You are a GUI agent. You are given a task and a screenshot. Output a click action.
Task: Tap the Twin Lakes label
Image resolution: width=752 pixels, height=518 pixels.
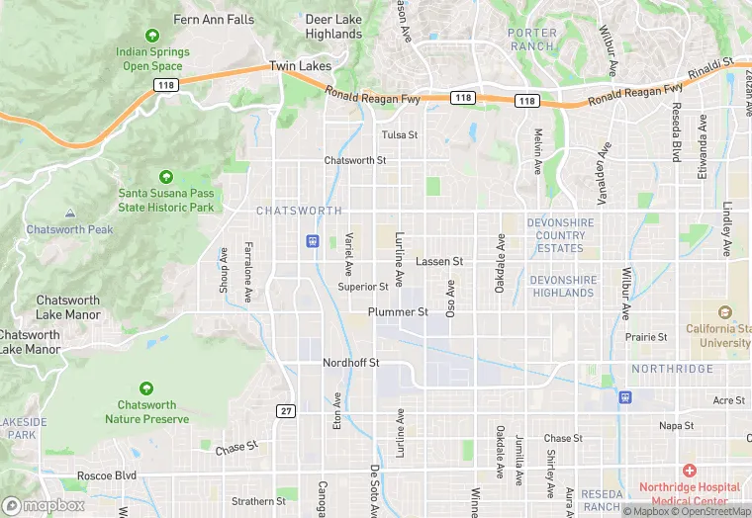pos(300,66)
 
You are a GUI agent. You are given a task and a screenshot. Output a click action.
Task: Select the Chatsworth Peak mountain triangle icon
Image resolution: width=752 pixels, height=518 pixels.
pos(69,213)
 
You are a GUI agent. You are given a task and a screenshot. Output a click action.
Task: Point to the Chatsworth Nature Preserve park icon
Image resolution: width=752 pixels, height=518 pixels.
pos(146,388)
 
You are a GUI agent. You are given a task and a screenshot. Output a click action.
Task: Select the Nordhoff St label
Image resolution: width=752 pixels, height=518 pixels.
pos(351,363)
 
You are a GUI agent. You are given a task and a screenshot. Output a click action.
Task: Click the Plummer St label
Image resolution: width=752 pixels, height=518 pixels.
pos(398,311)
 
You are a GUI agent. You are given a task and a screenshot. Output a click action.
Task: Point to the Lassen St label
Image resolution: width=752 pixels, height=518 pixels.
pos(439,262)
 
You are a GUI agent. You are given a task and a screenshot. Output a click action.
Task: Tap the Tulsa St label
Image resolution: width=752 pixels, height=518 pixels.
pos(400,134)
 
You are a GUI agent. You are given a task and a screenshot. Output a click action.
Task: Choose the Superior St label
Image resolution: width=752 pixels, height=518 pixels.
pos(363,287)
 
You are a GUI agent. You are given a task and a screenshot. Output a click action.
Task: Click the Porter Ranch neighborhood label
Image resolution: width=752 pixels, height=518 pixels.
pos(532,40)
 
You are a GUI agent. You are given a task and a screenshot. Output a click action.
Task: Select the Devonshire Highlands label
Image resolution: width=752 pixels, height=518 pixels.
pos(563,287)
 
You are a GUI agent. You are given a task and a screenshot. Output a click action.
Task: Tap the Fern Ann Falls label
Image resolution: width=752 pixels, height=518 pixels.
pos(214,19)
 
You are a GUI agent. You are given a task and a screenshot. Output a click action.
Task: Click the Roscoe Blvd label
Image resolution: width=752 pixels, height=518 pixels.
pos(111,475)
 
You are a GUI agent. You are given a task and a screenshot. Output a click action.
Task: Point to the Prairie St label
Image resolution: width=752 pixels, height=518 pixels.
pos(646,337)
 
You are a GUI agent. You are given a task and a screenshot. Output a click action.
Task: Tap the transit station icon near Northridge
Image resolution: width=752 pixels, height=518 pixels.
pos(625,397)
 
